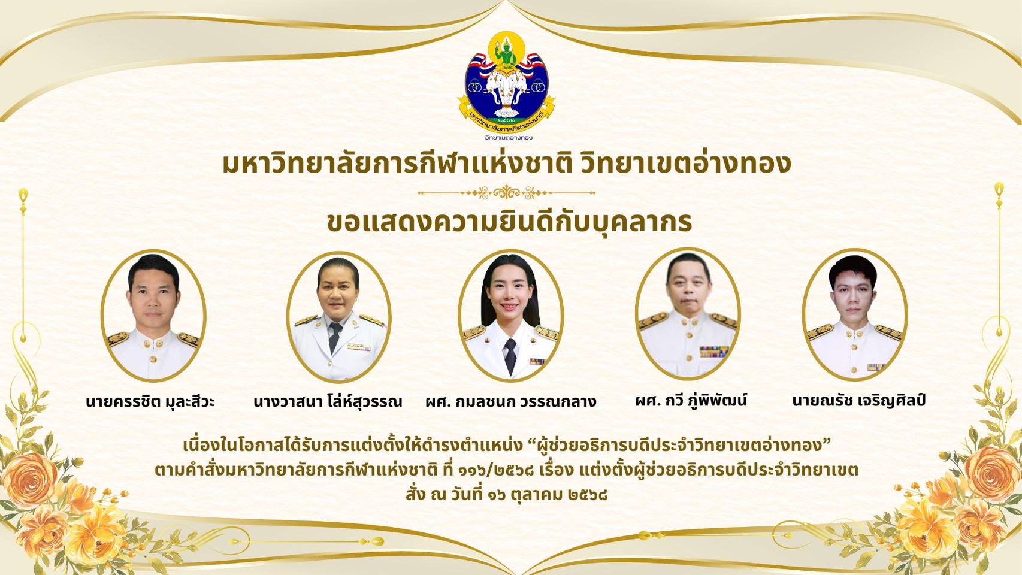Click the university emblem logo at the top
click(x=506, y=81)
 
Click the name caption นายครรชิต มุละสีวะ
click(x=150, y=402)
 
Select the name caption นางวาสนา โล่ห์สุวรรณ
click(x=328, y=401)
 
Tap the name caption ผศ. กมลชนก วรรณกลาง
click(x=510, y=401)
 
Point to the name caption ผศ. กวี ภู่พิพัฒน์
click(x=691, y=401)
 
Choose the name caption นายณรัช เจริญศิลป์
click(x=858, y=401)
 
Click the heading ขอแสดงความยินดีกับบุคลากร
click(x=510, y=222)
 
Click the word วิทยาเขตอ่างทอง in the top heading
click(x=686, y=164)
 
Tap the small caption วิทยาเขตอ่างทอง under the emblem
click(x=509, y=137)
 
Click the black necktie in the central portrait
click(x=510, y=356)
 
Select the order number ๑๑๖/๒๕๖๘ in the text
click(x=497, y=470)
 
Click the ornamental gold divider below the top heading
click(x=506, y=193)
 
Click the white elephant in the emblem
click(x=506, y=89)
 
